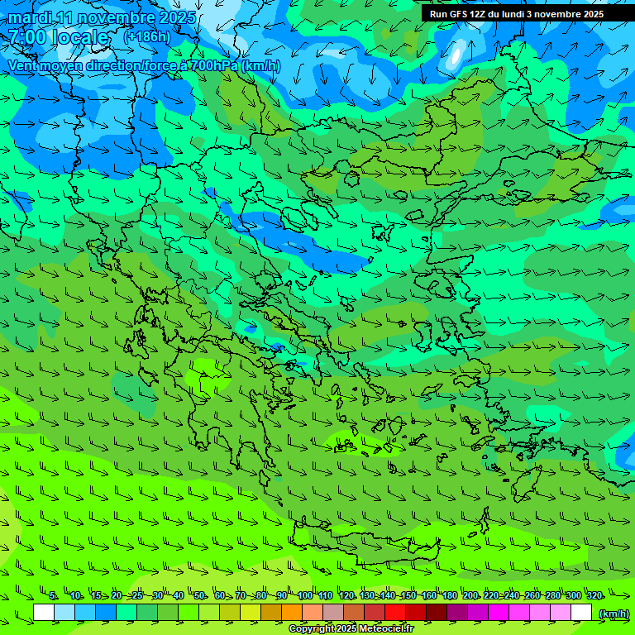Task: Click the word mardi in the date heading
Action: [31, 17]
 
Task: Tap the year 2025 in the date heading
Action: [175, 17]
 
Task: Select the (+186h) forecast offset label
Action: [147, 36]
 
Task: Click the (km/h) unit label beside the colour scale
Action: [614, 613]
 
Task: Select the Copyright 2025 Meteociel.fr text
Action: [351, 629]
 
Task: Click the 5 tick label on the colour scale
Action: [53, 596]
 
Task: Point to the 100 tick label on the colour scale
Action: [305, 596]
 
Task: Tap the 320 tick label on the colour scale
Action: [594, 596]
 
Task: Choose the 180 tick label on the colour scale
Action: [449, 596]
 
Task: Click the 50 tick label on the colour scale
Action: [199, 596]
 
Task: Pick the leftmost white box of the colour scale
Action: [44, 613]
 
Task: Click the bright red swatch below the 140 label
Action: [395, 613]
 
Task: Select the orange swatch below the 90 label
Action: [292, 613]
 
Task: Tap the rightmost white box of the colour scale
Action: [581, 613]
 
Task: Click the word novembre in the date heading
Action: [107, 17]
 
